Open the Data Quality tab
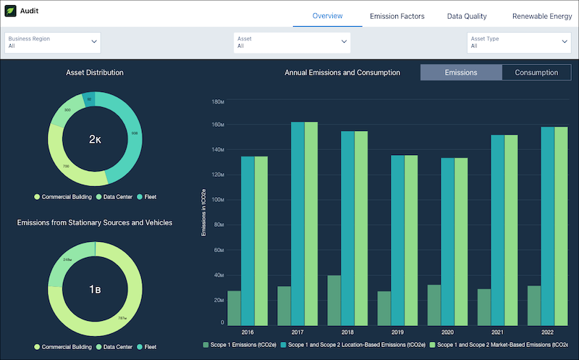[467, 16]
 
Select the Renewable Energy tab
[541, 16]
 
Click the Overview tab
[327, 16]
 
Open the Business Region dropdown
[53, 42]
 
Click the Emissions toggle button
[460, 72]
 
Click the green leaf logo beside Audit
[11, 12]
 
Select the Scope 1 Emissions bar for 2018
[334, 301]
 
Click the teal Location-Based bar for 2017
[297, 224]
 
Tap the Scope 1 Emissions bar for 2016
[234, 309]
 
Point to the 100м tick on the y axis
[217, 200]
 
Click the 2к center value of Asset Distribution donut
[95, 139]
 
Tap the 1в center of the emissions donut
[95, 290]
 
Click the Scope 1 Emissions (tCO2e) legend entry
[237, 346]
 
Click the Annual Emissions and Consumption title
[342, 72]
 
